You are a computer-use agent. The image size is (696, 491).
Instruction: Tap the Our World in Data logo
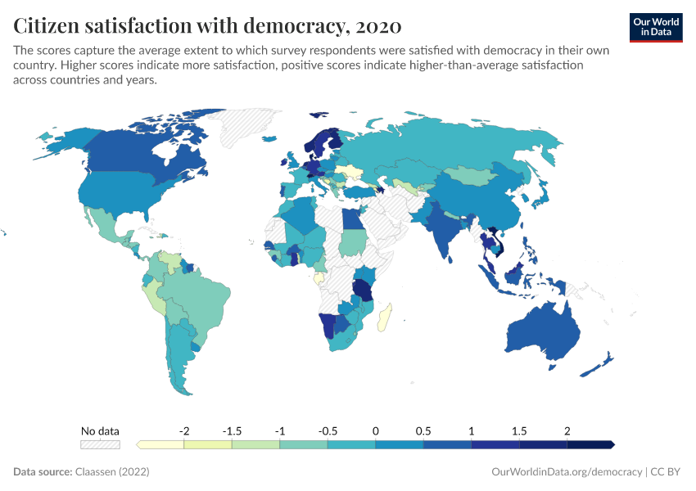(656, 27)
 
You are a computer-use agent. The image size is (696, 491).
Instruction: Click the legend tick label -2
(185, 430)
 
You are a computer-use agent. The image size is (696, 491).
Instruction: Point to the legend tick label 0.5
(423, 430)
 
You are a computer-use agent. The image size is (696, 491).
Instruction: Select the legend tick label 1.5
(519, 430)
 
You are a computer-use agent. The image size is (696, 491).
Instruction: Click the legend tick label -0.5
(328, 430)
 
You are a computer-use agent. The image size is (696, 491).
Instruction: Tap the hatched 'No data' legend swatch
(100, 444)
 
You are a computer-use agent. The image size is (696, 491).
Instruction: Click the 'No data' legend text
(100, 430)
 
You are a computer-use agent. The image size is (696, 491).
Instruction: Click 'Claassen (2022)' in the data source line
(111, 472)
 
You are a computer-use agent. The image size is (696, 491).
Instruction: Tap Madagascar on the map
(385, 317)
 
